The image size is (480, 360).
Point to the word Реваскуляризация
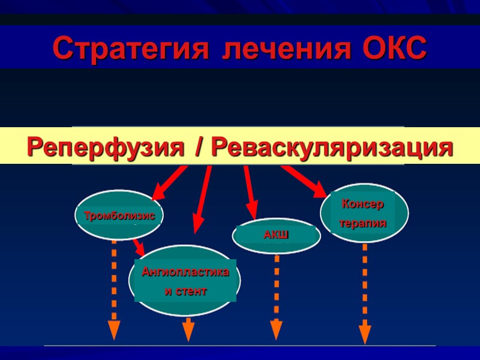pos(333,147)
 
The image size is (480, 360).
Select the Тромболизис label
pos(119,215)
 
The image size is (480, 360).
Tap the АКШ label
pos(276,235)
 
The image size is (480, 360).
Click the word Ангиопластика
pos(185,272)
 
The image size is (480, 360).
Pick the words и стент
pos(185,292)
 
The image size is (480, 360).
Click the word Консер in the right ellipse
pos(362,204)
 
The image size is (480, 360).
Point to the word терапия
pos(362,223)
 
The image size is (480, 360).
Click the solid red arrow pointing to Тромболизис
pos(169,183)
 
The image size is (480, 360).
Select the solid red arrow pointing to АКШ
pos(250,192)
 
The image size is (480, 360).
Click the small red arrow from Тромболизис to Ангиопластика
pos(139,246)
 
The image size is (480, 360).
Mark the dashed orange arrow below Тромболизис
pos(114,288)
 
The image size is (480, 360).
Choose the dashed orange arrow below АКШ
pos(276,294)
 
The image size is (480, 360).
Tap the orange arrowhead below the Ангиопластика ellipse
pos(188,329)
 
